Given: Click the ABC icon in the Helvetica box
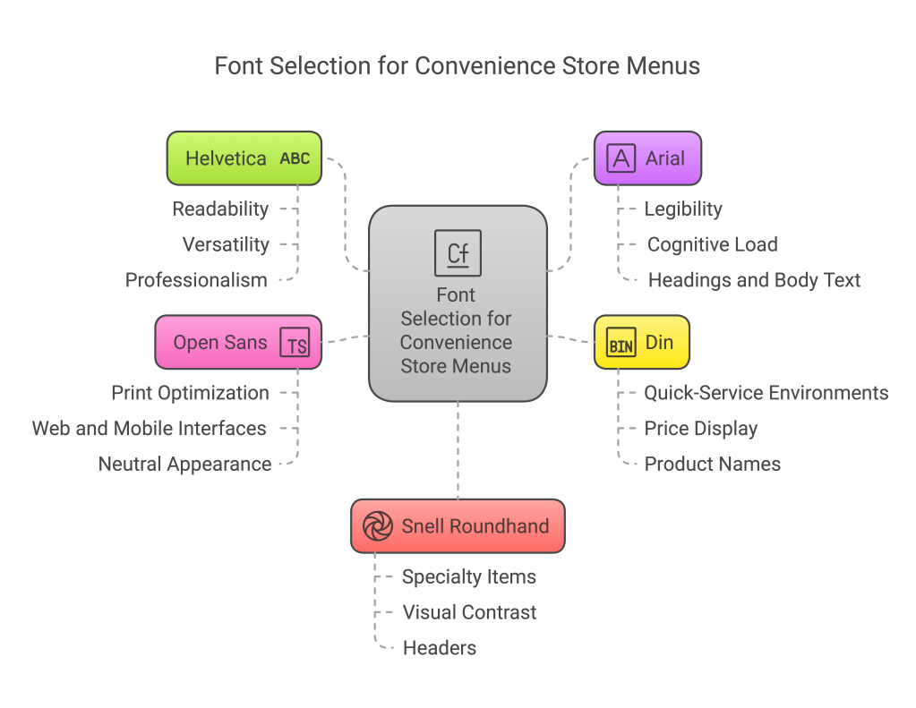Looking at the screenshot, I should (295, 158).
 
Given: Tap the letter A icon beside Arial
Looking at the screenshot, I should (621, 158).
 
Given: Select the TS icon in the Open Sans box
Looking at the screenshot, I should (295, 343).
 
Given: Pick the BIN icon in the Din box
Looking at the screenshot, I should (621, 343).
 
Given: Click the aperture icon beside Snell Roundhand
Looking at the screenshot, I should (378, 526).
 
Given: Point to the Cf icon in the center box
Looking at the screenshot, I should (458, 252).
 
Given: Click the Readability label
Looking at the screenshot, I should (220, 209).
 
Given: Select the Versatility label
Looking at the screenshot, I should (226, 244).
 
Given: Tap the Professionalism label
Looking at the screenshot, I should (196, 280).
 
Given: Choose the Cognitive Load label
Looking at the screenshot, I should (712, 244).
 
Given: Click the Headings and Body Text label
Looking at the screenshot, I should (754, 280).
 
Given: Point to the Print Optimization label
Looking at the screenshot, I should (190, 393).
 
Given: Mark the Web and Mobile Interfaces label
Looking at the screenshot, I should (150, 429).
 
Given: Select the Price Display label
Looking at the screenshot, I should (701, 429).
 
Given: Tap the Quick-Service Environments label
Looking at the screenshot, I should (766, 393).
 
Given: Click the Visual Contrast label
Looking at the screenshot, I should (469, 612).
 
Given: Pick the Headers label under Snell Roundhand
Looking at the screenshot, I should (440, 648).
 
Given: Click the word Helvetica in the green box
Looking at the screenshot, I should (226, 158).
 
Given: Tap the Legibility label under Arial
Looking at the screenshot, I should (683, 209).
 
